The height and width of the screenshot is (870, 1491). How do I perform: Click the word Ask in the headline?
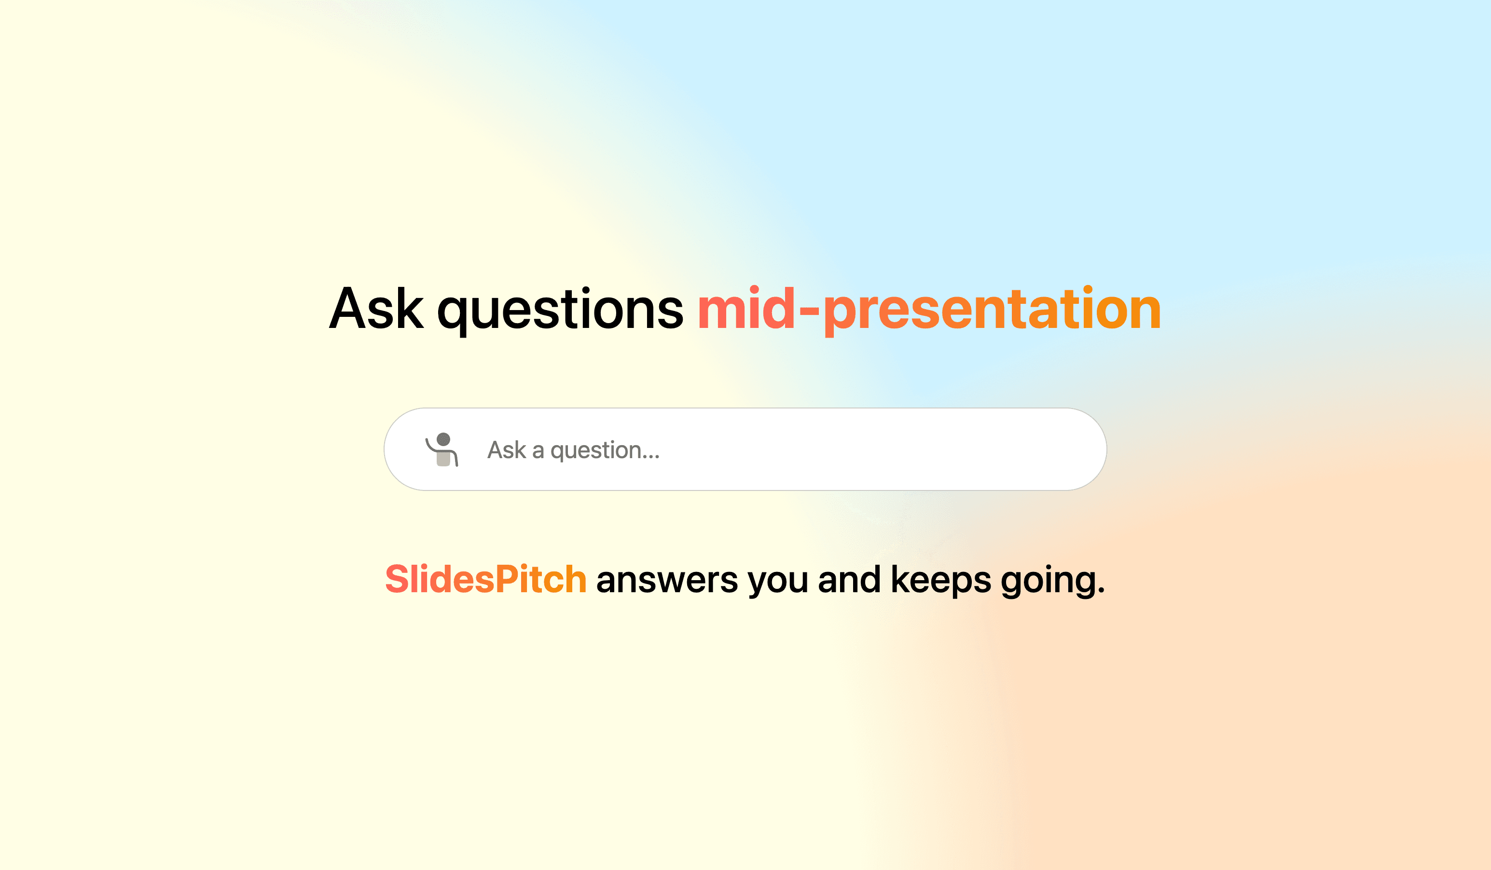(x=376, y=309)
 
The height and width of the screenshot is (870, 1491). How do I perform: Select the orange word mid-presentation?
(x=929, y=309)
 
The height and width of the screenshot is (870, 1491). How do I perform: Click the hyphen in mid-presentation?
(x=809, y=310)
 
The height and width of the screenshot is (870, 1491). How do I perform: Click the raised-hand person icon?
(x=442, y=450)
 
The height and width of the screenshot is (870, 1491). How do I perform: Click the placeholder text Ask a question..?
(x=573, y=450)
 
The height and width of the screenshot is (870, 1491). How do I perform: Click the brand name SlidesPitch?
(x=485, y=579)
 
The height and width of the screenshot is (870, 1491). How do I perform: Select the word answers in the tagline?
(x=667, y=580)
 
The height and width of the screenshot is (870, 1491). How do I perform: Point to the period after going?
(x=1101, y=591)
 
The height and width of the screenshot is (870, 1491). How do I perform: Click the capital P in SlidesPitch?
(x=507, y=579)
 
